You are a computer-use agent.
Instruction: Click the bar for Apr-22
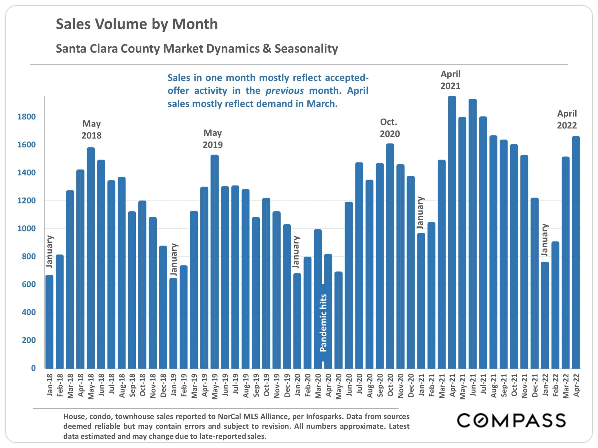click(576, 252)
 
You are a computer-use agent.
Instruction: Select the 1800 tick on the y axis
click(26, 117)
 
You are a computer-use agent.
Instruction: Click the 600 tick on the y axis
click(29, 284)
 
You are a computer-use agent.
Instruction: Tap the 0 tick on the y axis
click(33, 368)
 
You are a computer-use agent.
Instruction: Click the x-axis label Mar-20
click(318, 386)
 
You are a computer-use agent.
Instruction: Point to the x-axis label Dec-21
click(535, 385)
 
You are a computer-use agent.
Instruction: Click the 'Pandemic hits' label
click(323, 323)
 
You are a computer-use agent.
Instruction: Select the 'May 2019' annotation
click(213, 139)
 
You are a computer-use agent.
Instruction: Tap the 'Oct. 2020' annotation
click(390, 128)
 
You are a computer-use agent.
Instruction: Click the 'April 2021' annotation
click(450, 80)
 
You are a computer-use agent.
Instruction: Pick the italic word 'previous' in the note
click(284, 91)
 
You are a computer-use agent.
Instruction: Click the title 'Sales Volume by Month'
click(137, 24)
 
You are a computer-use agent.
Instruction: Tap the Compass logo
click(511, 421)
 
